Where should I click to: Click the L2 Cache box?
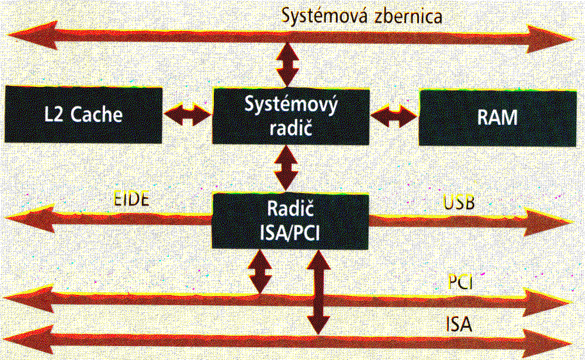pos(84,115)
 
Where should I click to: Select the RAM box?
pos(497,117)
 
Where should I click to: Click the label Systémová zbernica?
pos(362,16)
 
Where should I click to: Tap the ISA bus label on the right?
pos(459,324)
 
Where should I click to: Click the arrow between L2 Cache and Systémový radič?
pos(187,114)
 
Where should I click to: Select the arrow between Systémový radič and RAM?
pos(394,115)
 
